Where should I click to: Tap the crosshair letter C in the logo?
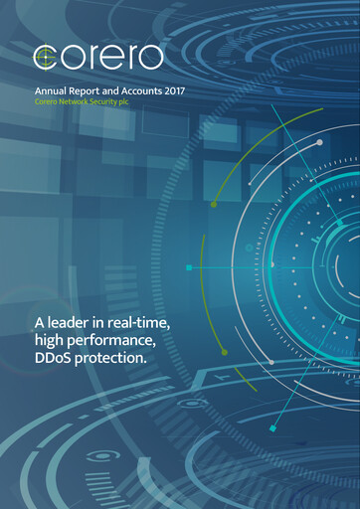click(45, 58)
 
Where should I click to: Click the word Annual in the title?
click(52, 91)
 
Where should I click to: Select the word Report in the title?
click(90, 91)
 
